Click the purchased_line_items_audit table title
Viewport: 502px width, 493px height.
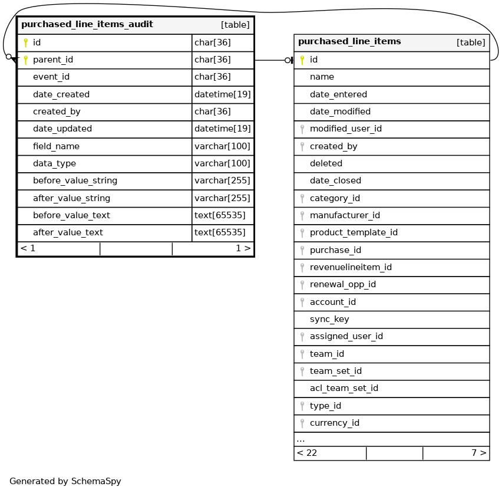(87, 25)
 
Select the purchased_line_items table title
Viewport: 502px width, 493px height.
(349, 42)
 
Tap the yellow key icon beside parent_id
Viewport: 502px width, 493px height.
(25, 60)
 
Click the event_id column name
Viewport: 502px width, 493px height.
(51, 77)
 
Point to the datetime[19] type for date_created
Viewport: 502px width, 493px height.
(223, 94)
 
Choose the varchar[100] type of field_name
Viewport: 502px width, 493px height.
(223, 146)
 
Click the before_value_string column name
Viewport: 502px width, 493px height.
(75, 180)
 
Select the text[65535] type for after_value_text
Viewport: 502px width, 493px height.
(220, 232)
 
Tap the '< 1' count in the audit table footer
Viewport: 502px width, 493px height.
(28, 248)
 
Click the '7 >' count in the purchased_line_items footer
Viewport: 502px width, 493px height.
(479, 453)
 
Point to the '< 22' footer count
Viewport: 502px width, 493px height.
(307, 453)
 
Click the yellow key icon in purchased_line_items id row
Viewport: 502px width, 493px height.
(302, 60)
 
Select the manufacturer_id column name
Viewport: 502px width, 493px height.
(345, 215)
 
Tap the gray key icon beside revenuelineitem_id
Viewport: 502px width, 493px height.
(302, 267)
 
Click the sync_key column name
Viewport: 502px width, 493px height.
(329, 319)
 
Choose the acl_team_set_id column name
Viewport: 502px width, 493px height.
(344, 388)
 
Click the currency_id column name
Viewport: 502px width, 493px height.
(335, 423)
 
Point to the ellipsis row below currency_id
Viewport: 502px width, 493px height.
(300, 439)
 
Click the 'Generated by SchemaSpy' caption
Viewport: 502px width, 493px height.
(65, 481)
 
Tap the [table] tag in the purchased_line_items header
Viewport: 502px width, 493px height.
(471, 42)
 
